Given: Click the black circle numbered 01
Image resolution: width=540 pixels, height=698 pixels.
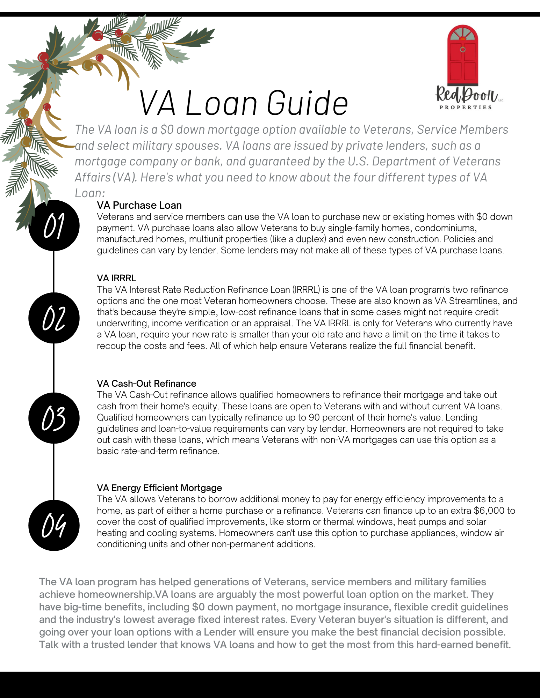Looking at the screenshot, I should click(54, 225).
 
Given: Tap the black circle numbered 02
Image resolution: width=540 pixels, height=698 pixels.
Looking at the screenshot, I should click(54, 318).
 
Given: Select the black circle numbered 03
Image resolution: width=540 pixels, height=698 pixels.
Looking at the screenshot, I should click(54, 418).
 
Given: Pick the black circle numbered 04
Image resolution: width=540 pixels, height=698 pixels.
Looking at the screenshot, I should click(54, 525).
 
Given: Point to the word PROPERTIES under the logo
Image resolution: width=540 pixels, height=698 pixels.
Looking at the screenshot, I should click(466, 107).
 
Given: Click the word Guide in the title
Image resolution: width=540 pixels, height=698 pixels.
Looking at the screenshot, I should click(308, 103).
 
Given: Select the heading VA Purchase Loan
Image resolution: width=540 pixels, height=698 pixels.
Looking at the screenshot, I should click(139, 205).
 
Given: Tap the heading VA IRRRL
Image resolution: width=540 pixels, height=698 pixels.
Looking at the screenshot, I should click(116, 278).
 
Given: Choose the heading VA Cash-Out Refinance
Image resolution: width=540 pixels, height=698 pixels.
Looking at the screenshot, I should click(146, 384).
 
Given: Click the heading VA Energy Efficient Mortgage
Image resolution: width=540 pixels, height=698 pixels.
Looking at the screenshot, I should click(159, 488).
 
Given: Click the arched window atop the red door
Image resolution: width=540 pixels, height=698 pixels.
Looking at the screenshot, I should click(463, 34).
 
